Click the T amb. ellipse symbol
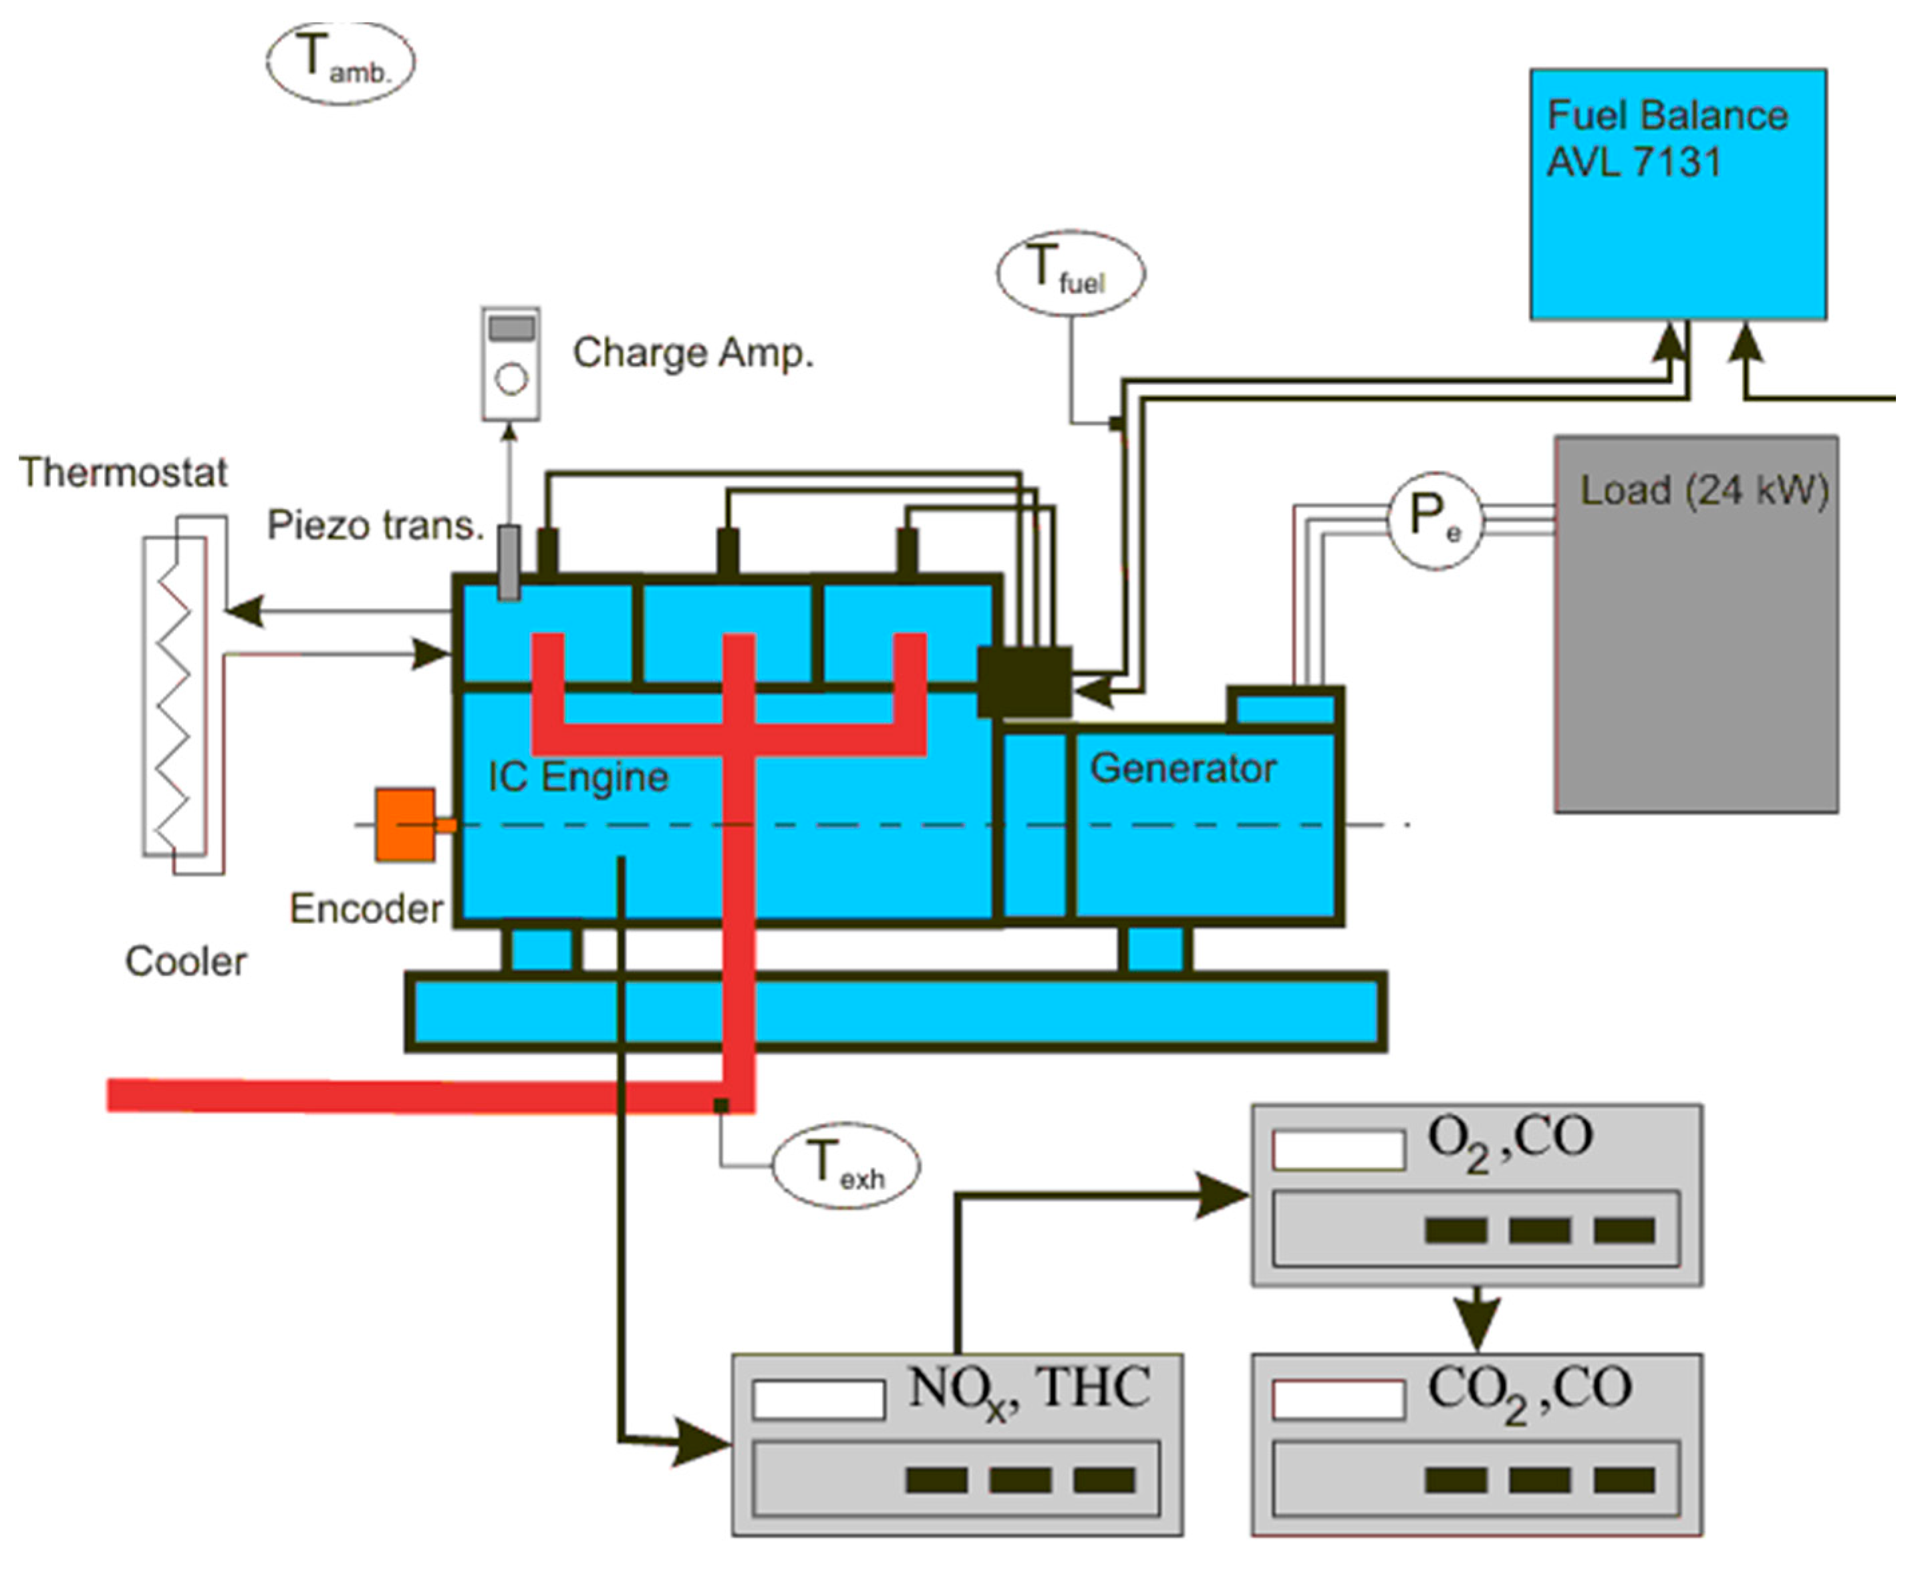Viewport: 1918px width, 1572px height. pyautogui.click(x=340, y=63)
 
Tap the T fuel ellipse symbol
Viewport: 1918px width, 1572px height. pyautogui.click(x=1071, y=273)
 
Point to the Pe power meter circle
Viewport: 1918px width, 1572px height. pyautogui.click(x=1435, y=520)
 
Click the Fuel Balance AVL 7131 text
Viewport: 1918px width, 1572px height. pyautogui.click(x=1666, y=138)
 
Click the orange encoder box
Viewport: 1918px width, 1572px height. pyautogui.click(x=406, y=825)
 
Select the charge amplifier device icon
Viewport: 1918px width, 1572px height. pyautogui.click(x=511, y=364)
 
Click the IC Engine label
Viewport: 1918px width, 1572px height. pyautogui.click(x=578, y=777)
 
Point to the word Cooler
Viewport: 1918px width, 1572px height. pyautogui.click(x=186, y=961)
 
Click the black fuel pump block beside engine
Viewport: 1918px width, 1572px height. pyautogui.click(x=1024, y=681)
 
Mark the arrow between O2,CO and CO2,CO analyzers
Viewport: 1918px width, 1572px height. pyautogui.click(x=1477, y=1321)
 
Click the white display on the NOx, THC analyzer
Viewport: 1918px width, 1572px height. pyautogui.click(x=818, y=1400)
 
